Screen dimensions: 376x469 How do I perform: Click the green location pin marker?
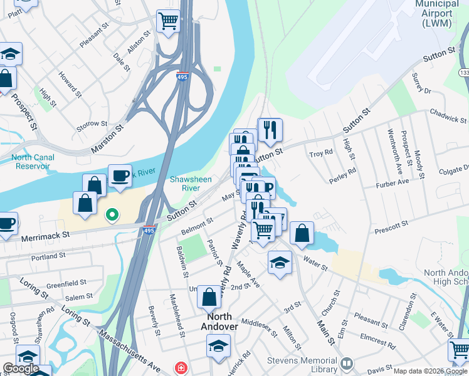[112, 216]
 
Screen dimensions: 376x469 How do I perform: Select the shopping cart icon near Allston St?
[168, 21]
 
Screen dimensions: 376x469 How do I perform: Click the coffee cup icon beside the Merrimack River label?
[119, 176]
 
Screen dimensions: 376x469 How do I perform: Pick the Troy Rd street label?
[320, 154]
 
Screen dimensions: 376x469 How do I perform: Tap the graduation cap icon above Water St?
[280, 263]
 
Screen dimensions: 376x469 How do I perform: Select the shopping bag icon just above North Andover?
[209, 296]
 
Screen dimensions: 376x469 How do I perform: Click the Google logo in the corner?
[20, 368]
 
